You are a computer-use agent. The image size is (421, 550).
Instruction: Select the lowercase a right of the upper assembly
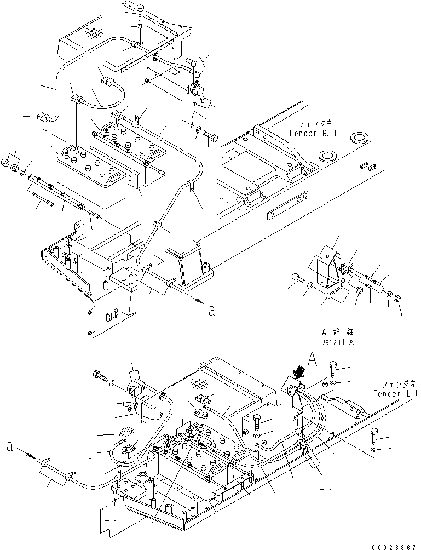tap(211, 311)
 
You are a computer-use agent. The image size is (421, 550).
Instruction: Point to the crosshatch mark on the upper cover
tap(94, 33)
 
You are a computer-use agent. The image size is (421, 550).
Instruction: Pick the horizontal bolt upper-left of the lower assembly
tap(100, 376)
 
